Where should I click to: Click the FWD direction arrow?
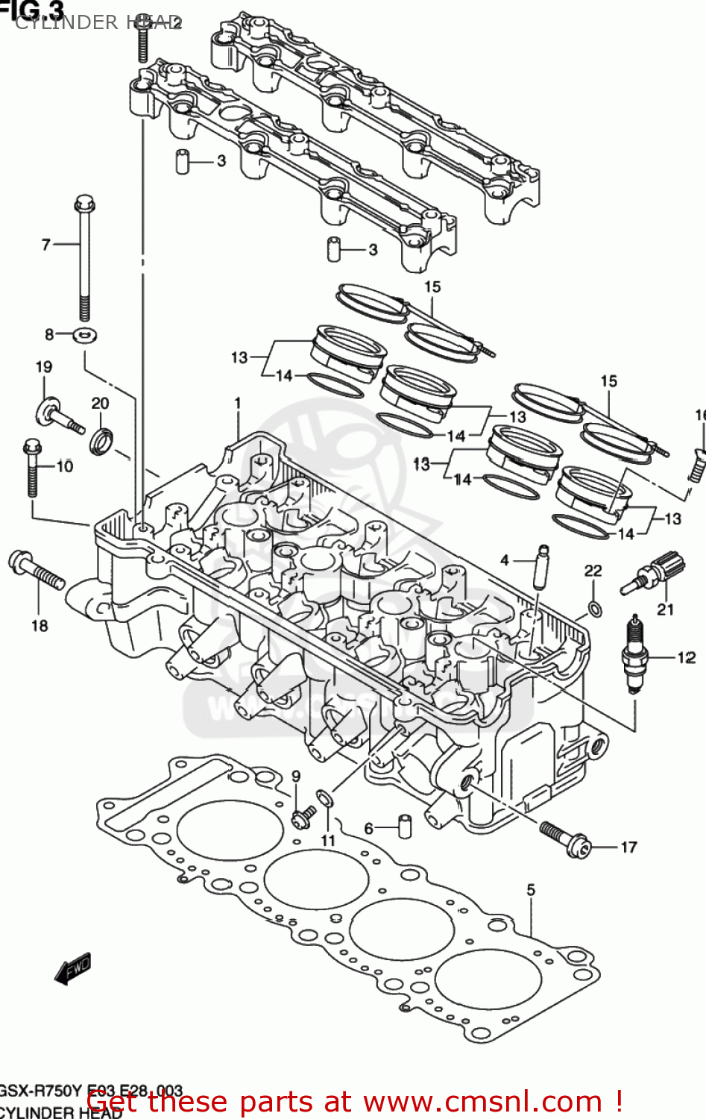(73, 969)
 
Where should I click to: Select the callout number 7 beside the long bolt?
(46, 244)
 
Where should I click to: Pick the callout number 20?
(100, 404)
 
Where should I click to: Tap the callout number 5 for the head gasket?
(531, 889)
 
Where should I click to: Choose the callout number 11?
(328, 841)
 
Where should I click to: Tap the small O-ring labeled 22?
(594, 609)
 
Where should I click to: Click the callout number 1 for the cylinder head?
(238, 404)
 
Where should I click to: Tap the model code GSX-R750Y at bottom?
(41, 1091)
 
